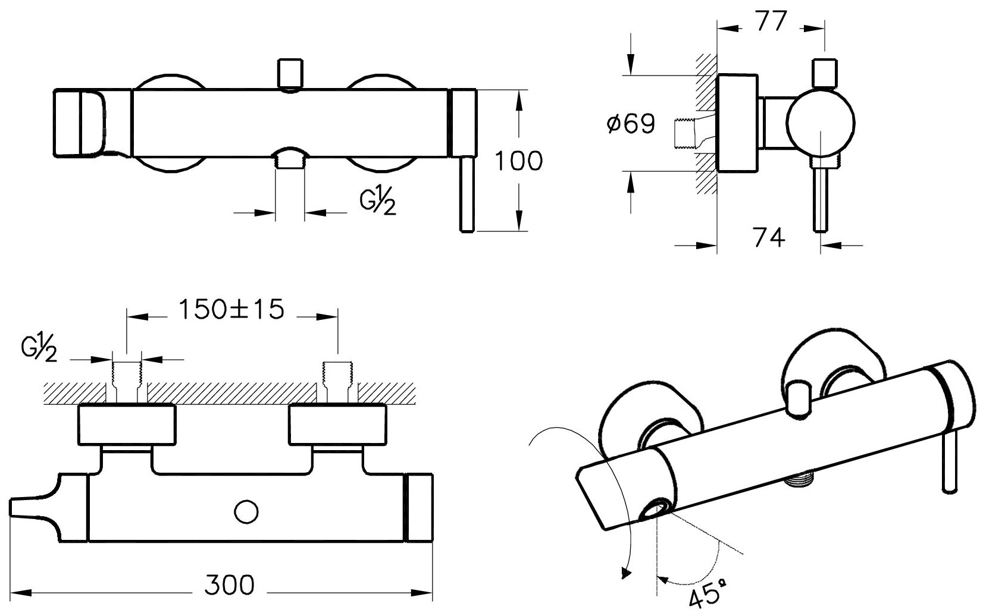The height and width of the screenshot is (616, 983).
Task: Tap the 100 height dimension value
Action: tap(519, 161)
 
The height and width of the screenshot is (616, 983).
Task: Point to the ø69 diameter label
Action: tap(630, 124)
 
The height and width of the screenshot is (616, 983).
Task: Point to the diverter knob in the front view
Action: tap(291, 73)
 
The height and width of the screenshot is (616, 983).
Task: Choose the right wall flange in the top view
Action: tap(337, 425)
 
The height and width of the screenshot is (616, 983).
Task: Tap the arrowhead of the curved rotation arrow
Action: tap(624, 573)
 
